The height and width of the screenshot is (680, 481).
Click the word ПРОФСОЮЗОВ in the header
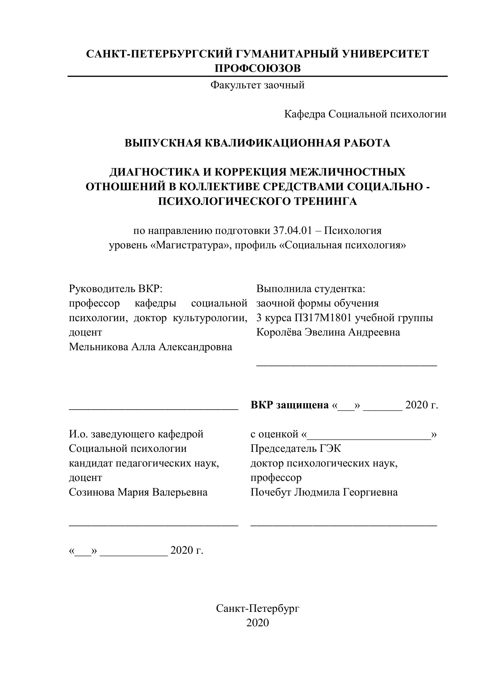[257, 68]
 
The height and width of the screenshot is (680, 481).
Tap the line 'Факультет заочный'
[257, 85]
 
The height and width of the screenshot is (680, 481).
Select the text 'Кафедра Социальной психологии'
[365, 114]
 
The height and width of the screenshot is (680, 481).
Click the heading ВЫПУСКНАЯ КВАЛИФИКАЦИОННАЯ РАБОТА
[257, 143]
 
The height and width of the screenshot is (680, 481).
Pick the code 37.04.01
[293, 231]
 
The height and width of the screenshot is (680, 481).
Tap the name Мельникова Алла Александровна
[150, 347]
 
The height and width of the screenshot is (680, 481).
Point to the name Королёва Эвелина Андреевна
[328, 332]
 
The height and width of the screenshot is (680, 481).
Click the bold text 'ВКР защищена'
[289, 405]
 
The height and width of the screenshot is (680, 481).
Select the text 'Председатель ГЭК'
[296, 448]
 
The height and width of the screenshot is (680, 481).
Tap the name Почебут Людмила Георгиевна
[324, 492]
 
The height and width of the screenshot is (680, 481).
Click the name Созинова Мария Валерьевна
[138, 492]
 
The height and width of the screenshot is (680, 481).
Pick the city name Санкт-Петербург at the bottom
[257, 608]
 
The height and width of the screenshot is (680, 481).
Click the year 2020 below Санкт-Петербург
[257, 623]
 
